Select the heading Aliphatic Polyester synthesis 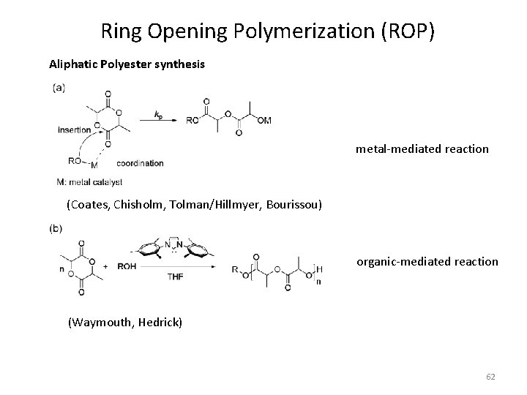coord(127,64)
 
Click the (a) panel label coord(58,87)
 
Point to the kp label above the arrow coord(158,113)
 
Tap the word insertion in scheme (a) coord(74,129)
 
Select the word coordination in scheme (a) coord(139,163)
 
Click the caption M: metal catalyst coord(89,181)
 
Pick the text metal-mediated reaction coord(422,148)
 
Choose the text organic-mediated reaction coord(427,261)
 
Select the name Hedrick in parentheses coord(160,322)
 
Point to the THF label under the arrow coord(176,276)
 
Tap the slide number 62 coord(490,376)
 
